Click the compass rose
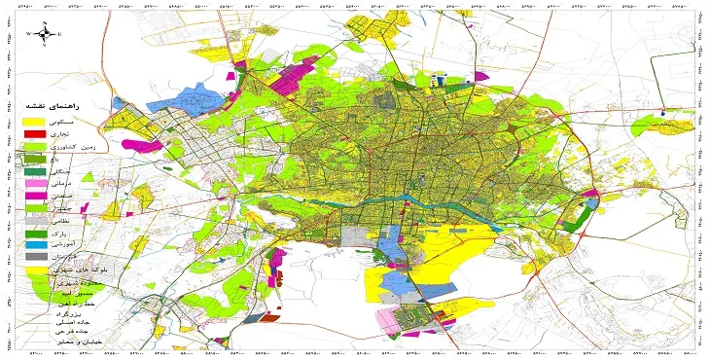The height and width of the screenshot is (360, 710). coord(44,33)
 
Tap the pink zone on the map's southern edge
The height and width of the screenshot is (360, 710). coord(403,320)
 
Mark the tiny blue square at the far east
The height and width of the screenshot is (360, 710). coord(662,112)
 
